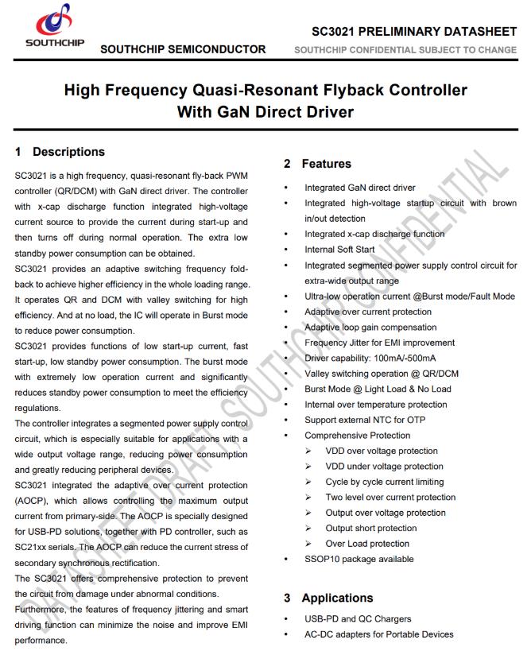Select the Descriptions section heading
(68, 152)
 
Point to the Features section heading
(326, 164)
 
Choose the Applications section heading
(337, 598)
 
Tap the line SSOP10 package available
(359, 559)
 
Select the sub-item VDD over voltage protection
(382, 451)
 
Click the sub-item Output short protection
(371, 528)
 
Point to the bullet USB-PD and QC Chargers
(358, 619)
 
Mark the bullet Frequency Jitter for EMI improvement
(380, 343)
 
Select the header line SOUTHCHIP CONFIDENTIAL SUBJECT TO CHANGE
(405, 50)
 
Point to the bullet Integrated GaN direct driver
(360, 188)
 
